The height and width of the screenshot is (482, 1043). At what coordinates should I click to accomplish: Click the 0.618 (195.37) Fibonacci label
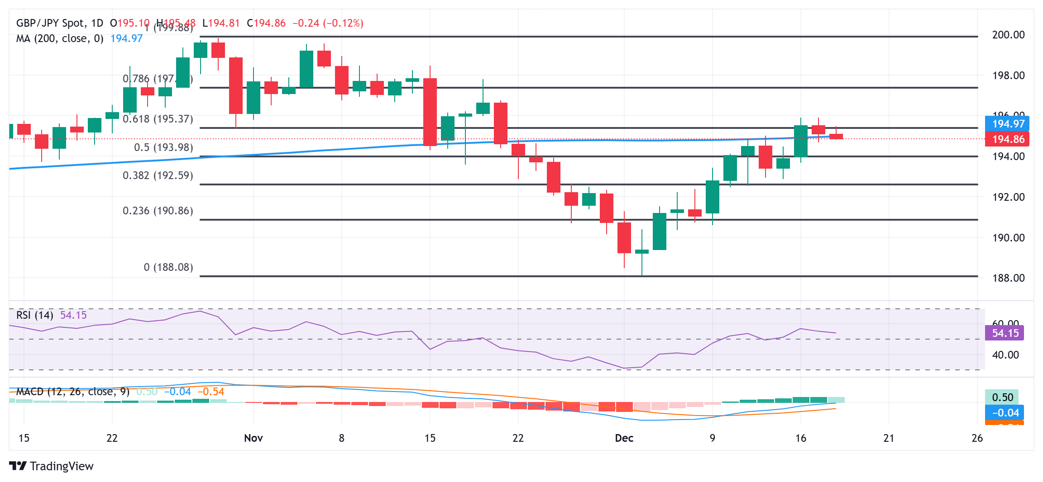tap(158, 119)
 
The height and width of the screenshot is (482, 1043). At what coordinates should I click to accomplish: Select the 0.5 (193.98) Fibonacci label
tap(163, 147)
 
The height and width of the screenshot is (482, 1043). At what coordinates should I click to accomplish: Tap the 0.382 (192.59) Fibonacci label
tap(158, 175)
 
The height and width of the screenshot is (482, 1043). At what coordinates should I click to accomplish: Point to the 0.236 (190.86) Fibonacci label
tap(158, 211)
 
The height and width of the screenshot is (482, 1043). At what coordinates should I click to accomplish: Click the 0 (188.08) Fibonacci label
tap(168, 267)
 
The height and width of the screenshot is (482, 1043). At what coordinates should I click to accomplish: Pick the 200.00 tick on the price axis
tap(1008, 35)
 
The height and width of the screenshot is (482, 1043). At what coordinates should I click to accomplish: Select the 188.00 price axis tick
tap(1008, 278)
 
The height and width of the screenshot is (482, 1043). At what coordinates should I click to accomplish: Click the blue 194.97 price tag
tap(1008, 124)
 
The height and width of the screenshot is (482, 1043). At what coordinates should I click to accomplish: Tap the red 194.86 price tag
tap(1008, 139)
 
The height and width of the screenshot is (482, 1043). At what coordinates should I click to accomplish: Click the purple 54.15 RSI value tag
tap(1005, 333)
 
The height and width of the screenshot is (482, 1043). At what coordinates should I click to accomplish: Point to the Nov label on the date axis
tap(253, 438)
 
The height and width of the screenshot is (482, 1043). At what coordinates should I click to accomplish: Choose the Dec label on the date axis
tap(624, 438)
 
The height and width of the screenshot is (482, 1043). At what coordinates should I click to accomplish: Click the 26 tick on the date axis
tap(977, 438)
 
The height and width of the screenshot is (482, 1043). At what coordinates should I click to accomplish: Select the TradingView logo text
tap(61, 466)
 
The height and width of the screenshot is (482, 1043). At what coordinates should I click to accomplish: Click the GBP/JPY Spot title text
tap(50, 23)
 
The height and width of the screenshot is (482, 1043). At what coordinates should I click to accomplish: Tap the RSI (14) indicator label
tap(34, 315)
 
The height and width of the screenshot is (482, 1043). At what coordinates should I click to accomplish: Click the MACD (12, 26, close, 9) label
tap(72, 392)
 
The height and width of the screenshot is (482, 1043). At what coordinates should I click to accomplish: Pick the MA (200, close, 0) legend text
tap(59, 38)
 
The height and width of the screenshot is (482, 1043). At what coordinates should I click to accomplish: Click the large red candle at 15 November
tap(430, 112)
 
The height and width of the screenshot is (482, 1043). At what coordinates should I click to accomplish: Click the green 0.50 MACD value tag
tap(1002, 397)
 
